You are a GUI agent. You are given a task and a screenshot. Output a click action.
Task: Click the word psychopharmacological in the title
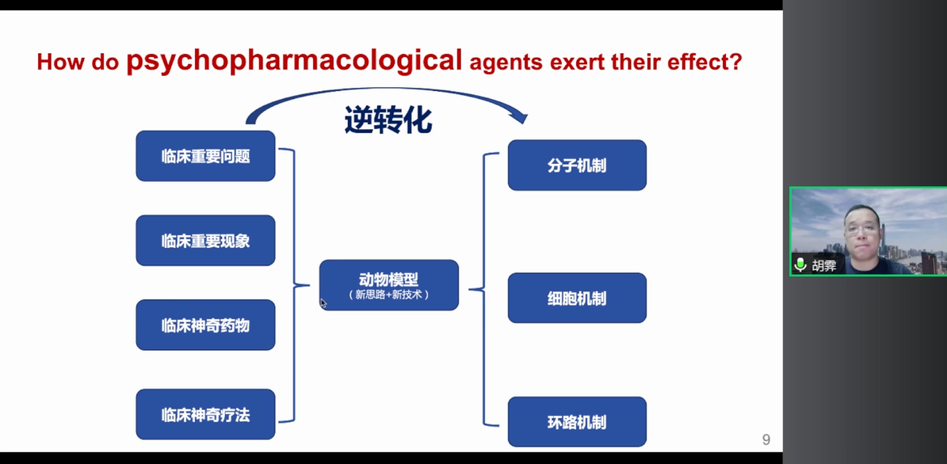point(294,60)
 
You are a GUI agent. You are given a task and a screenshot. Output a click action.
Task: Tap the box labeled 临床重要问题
point(205,156)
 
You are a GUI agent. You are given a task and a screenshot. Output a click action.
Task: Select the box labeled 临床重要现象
point(205,241)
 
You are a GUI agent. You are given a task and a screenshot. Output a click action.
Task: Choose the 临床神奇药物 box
point(205,325)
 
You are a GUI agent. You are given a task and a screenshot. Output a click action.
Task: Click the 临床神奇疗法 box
point(205,414)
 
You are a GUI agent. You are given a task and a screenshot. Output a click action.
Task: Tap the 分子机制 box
point(577,165)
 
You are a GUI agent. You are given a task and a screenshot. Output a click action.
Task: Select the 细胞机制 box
point(577,299)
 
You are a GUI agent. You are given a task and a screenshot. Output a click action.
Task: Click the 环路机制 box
point(577,422)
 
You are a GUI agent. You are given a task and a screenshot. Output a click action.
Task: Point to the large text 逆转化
point(388,120)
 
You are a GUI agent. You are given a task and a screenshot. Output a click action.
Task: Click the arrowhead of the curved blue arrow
point(520,118)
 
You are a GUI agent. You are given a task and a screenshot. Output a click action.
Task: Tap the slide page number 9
point(766,440)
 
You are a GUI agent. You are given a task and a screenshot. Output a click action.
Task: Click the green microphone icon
point(800,265)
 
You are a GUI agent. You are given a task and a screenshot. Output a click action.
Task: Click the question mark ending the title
point(736,62)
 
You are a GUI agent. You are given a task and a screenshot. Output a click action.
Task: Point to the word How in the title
point(60,63)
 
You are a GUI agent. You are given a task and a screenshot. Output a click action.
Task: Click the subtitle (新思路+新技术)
point(388,295)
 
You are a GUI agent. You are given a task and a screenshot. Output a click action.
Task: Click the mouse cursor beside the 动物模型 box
point(323,302)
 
